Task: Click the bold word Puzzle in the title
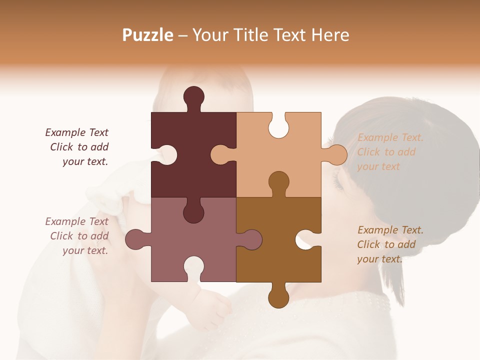pos(148,35)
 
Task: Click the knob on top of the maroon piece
pos(193,97)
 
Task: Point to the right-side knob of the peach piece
pos(336,154)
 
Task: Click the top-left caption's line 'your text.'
pos(85,161)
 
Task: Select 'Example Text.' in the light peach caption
pos(390,137)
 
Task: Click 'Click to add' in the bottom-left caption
pos(79,235)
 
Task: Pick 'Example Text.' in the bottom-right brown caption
pos(390,230)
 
